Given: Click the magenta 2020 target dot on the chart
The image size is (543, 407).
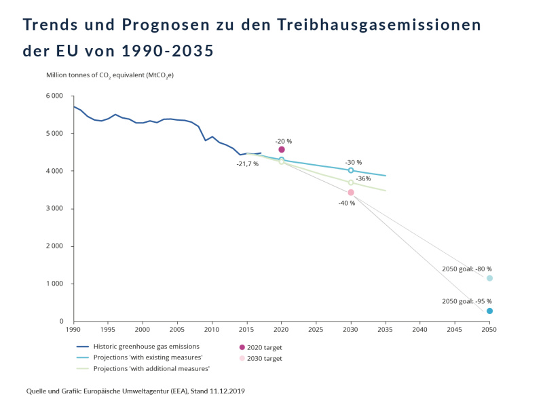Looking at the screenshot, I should (x=282, y=149).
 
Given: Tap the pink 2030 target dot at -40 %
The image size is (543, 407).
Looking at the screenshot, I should (x=351, y=193).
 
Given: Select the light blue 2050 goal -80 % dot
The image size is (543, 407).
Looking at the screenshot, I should (x=489, y=278).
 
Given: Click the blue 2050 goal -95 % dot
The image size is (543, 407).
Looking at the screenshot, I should (x=489, y=311).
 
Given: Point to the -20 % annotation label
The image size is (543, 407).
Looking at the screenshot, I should (x=283, y=141).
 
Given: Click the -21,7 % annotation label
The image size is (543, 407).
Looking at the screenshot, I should (x=247, y=163).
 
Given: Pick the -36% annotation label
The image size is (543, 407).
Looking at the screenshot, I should (x=363, y=178).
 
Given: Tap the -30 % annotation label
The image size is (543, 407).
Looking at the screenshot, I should (x=354, y=162).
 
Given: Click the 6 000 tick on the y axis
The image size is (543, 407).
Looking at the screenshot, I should (x=55, y=96).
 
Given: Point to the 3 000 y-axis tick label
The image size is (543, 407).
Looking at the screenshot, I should (x=55, y=208).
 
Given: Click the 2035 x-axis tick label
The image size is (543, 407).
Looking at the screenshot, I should (x=386, y=330).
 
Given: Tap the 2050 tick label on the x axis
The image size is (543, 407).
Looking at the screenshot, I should (x=489, y=330).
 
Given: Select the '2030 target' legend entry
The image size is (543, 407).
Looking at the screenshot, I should (x=265, y=358).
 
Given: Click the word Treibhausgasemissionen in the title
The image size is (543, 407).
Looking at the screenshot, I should (x=379, y=25).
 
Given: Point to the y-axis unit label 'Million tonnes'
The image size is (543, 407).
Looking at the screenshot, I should (x=70, y=75).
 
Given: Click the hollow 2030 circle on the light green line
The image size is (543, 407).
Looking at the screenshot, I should (x=351, y=182).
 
